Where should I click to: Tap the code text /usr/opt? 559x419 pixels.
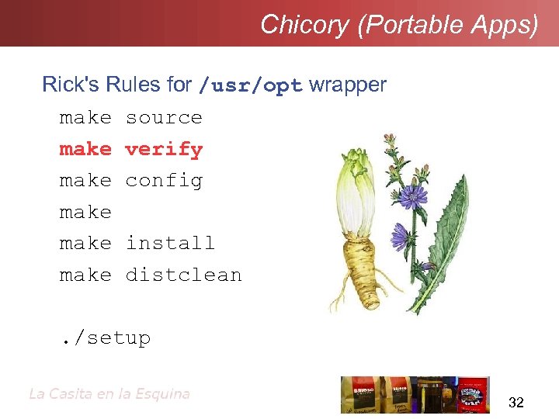click(251, 85)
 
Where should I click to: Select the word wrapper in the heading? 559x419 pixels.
click(347, 85)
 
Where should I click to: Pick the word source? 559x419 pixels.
click(164, 118)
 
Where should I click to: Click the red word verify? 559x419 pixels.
click(164, 149)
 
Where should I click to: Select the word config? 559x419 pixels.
click(164, 181)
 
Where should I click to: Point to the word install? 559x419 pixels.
click(170, 243)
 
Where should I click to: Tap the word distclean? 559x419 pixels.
click(183, 275)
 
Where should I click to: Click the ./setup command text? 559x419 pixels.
click(106, 338)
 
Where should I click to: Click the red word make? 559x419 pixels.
click(85, 149)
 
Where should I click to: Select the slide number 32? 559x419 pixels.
click(516, 402)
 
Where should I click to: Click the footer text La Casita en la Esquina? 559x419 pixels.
click(109, 393)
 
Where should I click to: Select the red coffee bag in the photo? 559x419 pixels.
click(359, 394)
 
